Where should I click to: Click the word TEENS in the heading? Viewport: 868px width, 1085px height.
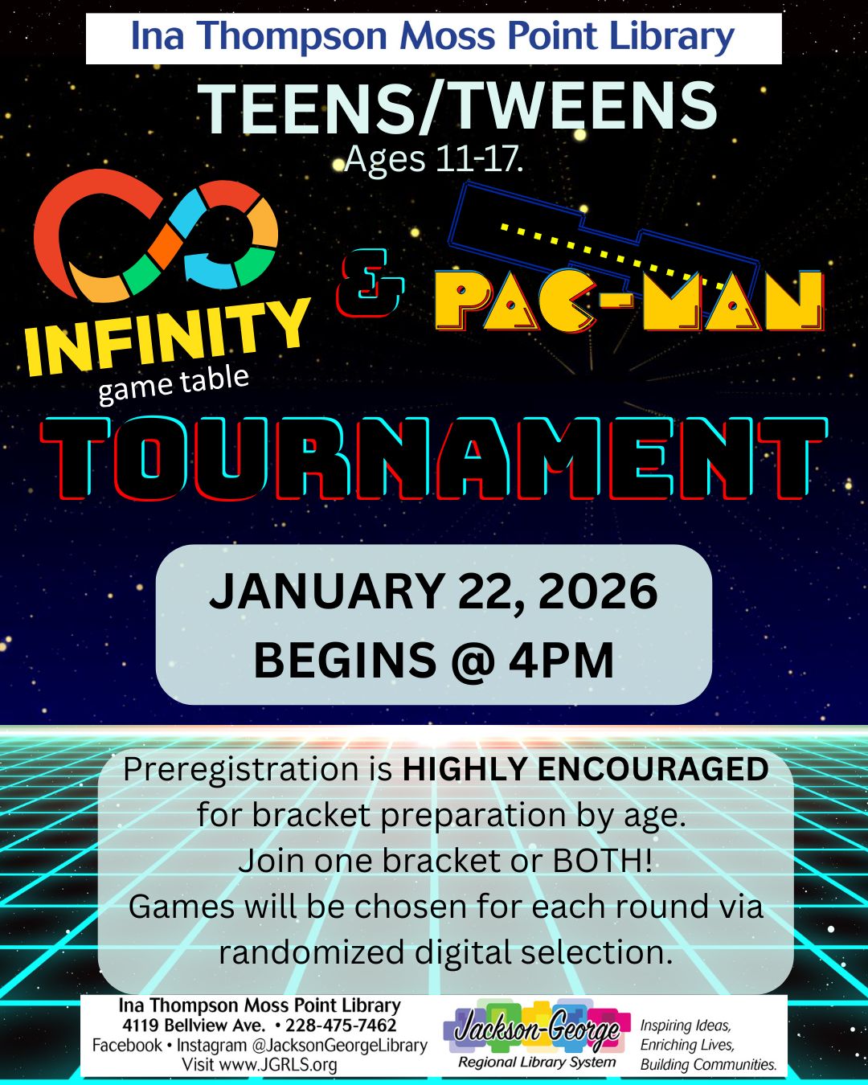tap(305, 109)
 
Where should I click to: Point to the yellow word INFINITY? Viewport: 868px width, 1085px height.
tap(167, 336)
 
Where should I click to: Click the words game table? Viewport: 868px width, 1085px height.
tap(174, 384)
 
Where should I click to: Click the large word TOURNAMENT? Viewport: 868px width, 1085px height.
tap(433, 458)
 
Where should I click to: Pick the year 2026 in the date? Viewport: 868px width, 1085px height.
tap(598, 592)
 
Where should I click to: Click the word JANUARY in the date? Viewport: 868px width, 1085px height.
tap(327, 592)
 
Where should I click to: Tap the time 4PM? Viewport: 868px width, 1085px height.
tap(561, 660)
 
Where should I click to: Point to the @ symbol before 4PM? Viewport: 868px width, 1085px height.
tap(473, 661)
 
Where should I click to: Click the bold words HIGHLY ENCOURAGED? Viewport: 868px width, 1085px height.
tap(586, 769)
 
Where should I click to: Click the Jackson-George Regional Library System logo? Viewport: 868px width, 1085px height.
tap(537, 1033)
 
